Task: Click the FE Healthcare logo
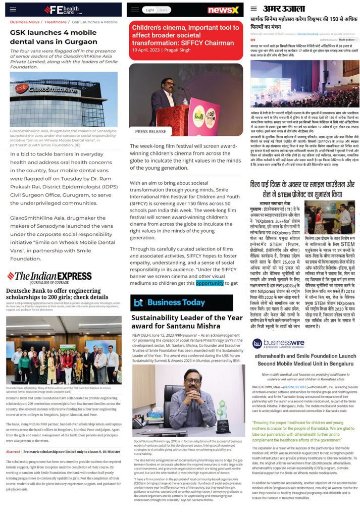[x=61, y=10]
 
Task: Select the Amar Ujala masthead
[x=284, y=9]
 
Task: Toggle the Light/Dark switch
[x=156, y=10]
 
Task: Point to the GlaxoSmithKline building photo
[x=63, y=99]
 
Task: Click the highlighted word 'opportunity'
[x=210, y=283]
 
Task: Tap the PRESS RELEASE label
[x=150, y=131]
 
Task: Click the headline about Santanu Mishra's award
[x=186, y=322]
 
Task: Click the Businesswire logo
[x=278, y=343]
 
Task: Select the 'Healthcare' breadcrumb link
[x=55, y=22]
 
